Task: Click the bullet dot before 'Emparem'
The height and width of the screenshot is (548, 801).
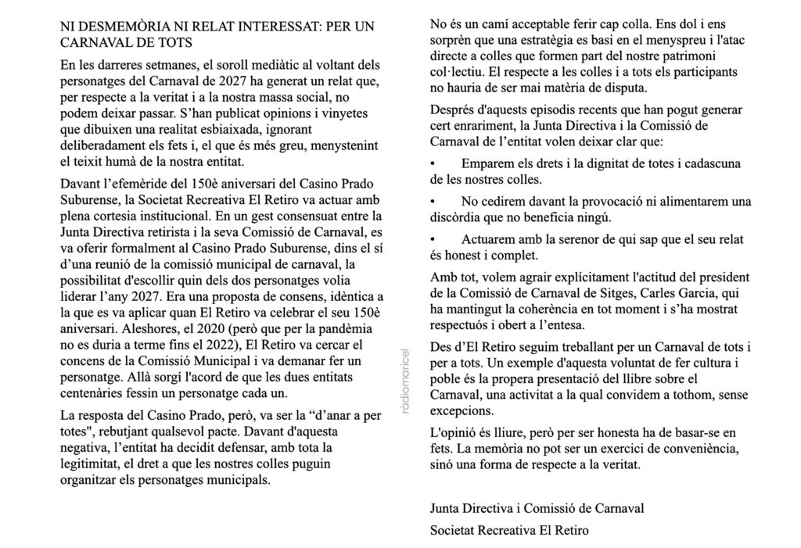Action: tap(434, 166)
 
